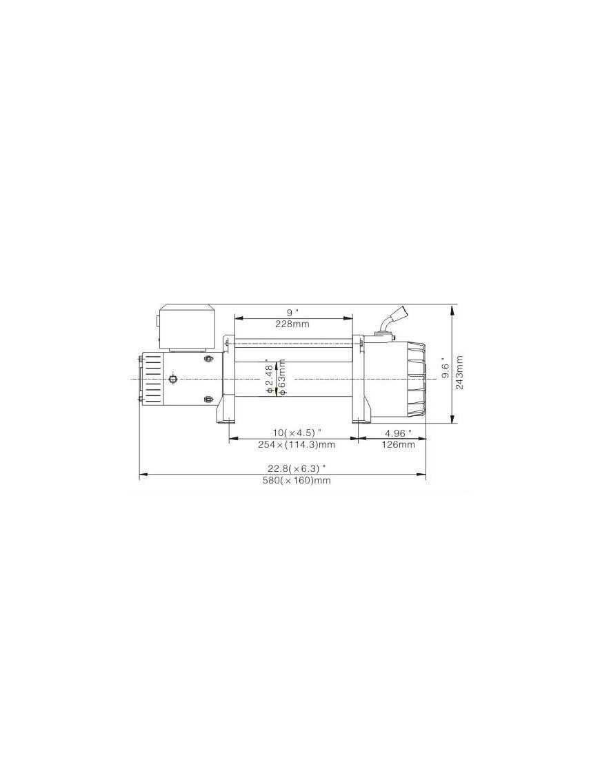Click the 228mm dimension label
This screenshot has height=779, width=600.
point(292,324)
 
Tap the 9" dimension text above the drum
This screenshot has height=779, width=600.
point(292,313)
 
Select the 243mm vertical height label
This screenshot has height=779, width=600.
point(459,373)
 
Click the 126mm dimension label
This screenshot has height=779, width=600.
point(398,444)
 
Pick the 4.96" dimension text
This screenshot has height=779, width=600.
point(398,433)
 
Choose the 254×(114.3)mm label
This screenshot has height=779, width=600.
point(297,445)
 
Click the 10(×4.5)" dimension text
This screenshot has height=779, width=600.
point(297,433)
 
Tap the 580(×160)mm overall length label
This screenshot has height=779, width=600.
point(297,480)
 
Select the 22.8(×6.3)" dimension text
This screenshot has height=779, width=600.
point(297,468)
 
